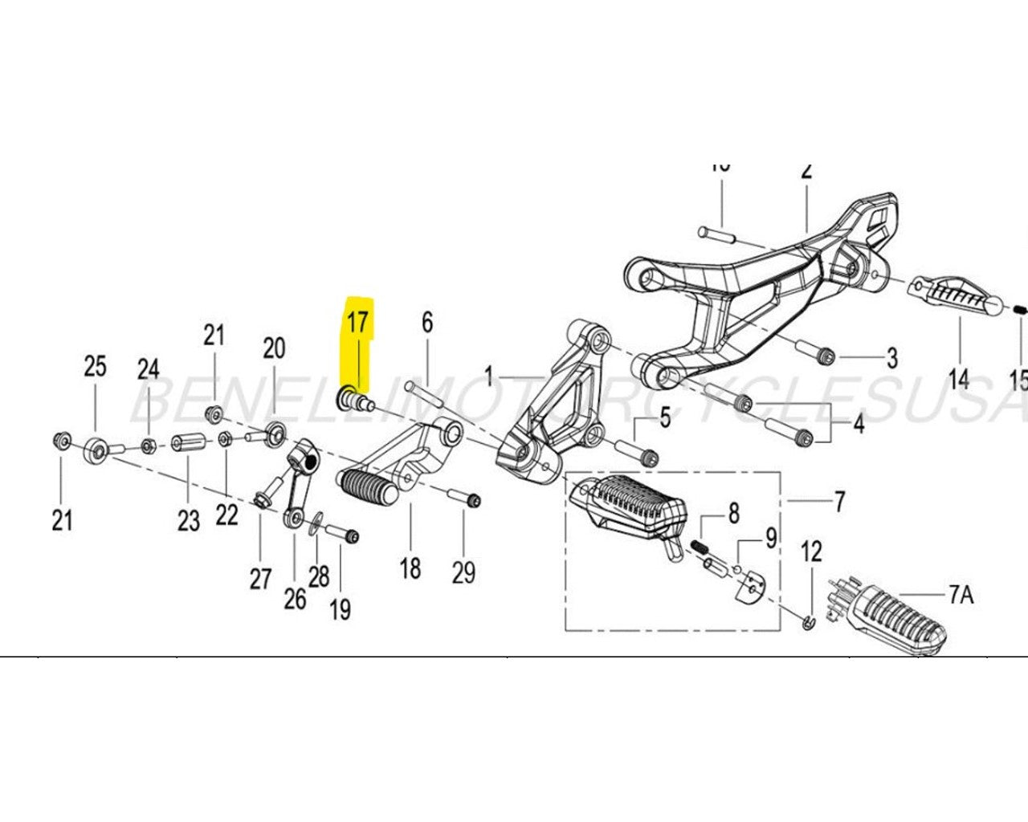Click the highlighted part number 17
click(357, 323)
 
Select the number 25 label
click(95, 367)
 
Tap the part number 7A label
click(961, 595)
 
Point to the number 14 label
click(959, 378)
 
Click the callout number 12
click(812, 551)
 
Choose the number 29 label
click(463, 572)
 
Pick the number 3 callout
click(891, 357)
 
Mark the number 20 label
click(274, 348)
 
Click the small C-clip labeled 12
click(809, 621)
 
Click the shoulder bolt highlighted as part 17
click(354, 397)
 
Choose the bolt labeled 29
click(463, 498)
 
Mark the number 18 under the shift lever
click(410, 568)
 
